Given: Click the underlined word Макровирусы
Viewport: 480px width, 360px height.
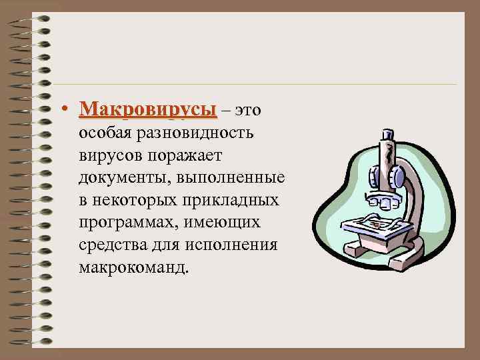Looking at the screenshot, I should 147,109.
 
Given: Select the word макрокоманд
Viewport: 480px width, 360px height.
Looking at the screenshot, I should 133,268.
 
